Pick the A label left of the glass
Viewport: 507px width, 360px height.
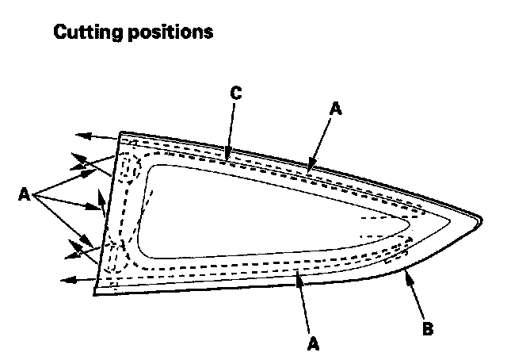pyautogui.click(x=24, y=194)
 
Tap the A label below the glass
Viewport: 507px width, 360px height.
pyautogui.click(x=314, y=343)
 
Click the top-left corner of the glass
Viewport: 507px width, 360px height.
pyautogui.click(x=120, y=133)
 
